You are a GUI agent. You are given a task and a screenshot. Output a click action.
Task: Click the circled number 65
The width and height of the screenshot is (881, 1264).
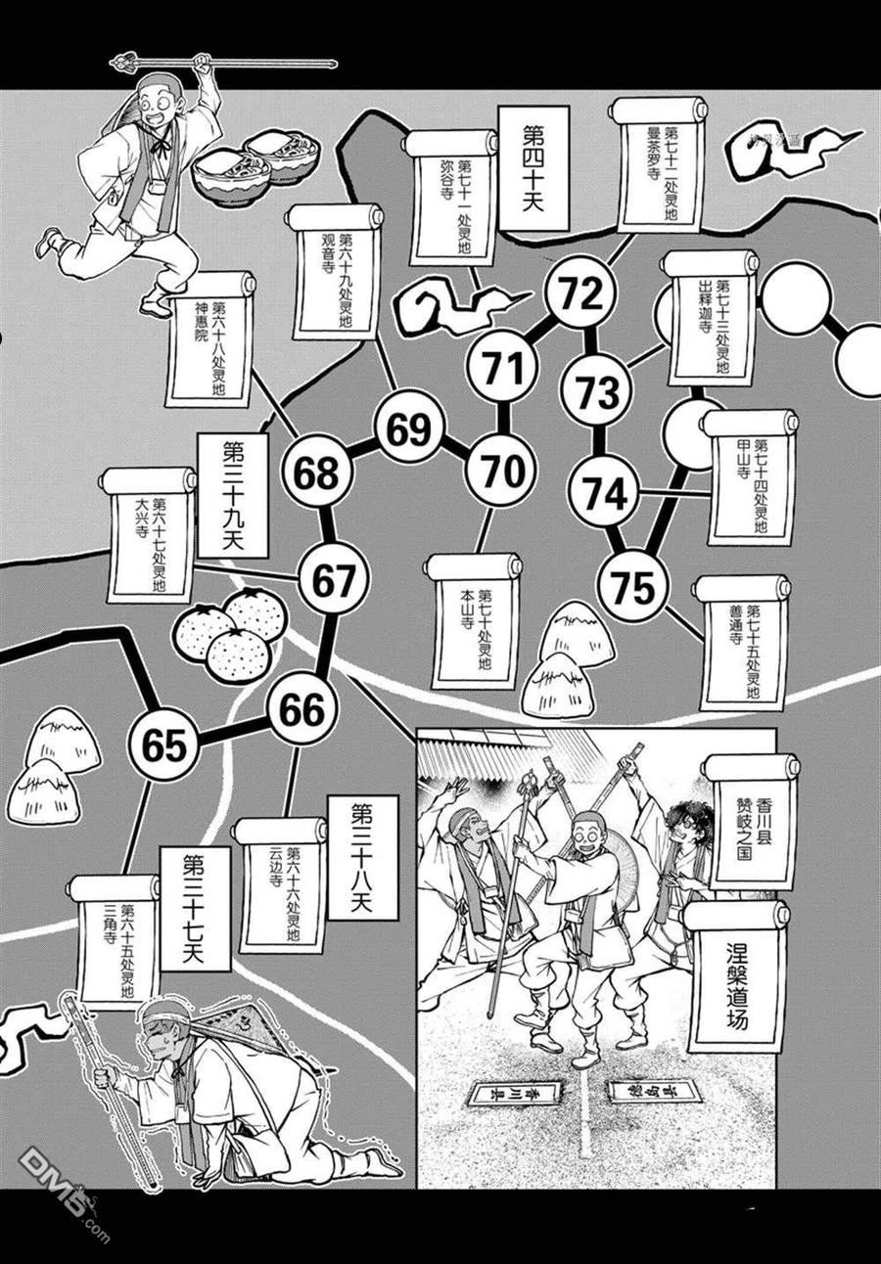click(x=163, y=746)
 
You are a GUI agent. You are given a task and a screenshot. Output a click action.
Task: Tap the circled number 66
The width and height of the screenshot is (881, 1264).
click(x=301, y=711)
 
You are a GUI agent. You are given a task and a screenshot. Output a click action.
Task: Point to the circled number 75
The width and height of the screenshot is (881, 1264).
click(x=631, y=588)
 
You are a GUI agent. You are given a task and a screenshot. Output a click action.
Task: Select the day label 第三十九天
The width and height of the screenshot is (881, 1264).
click(x=232, y=494)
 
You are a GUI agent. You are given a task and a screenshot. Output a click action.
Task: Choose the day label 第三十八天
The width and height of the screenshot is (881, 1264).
click(x=363, y=857)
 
